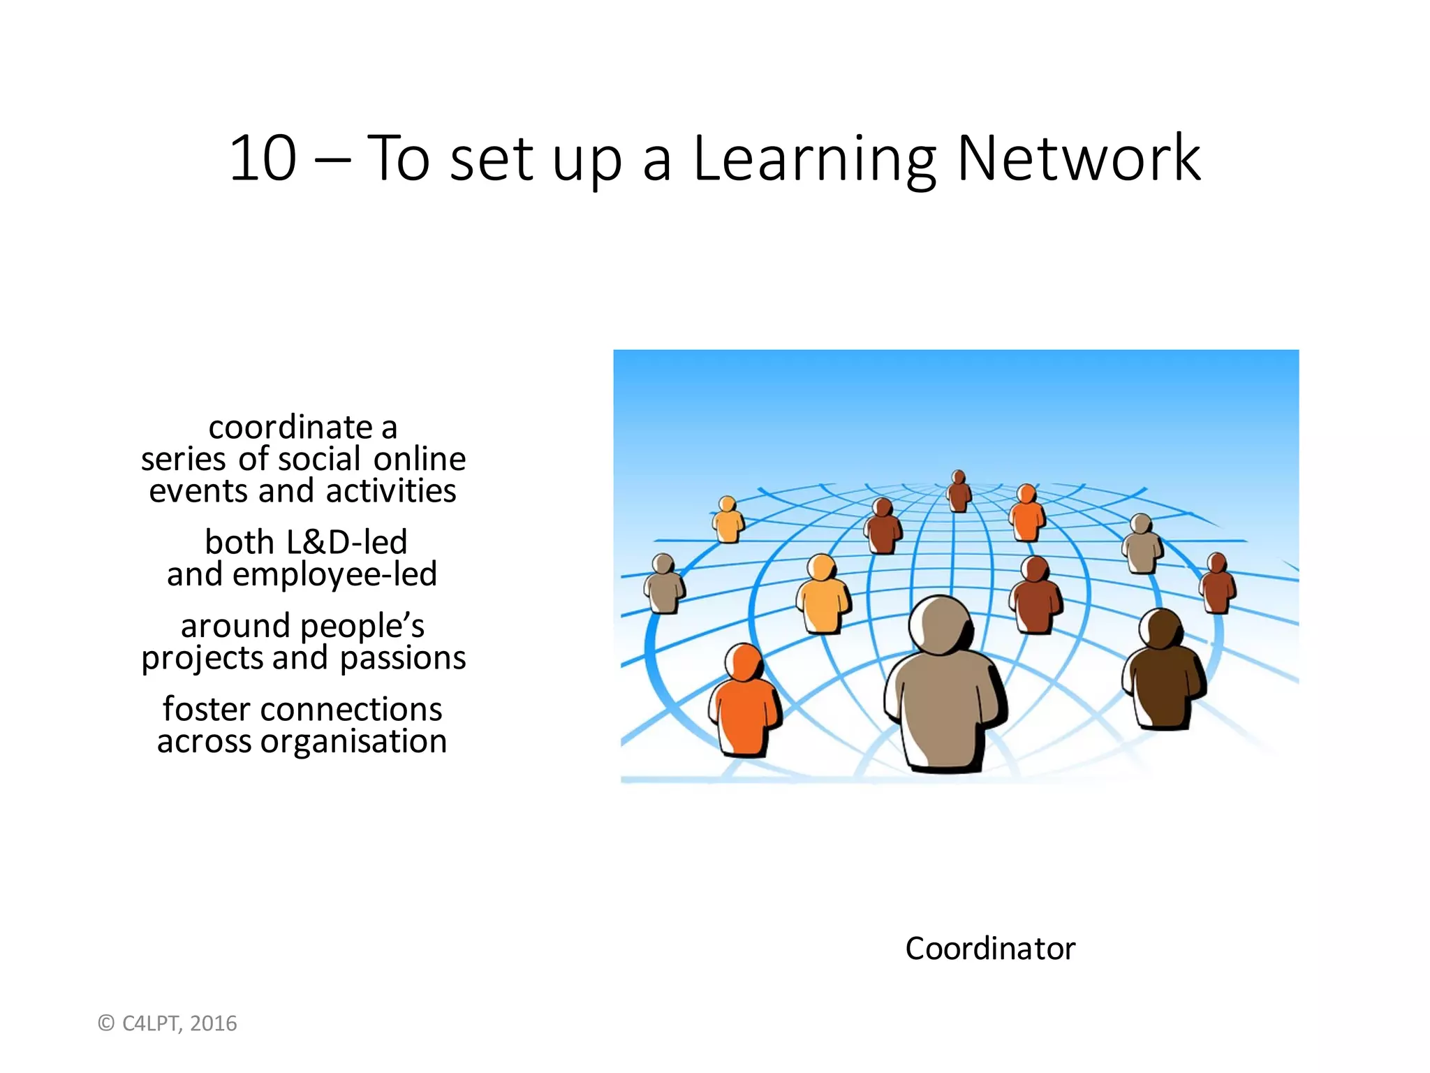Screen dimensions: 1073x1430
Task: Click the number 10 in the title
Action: (263, 159)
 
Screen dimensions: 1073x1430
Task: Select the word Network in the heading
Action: (1079, 159)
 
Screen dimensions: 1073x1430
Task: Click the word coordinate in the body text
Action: (290, 428)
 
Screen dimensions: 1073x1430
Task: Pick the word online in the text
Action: (419, 459)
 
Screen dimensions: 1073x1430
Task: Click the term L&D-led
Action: (346, 542)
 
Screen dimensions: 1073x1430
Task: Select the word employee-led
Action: (334, 574)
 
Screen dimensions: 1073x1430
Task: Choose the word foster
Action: (206, 709)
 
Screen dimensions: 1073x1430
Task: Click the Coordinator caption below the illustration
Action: (990, 949)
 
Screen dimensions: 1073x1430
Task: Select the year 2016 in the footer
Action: (214, 1023)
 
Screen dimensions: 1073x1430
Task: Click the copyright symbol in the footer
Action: (106, 1023)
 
